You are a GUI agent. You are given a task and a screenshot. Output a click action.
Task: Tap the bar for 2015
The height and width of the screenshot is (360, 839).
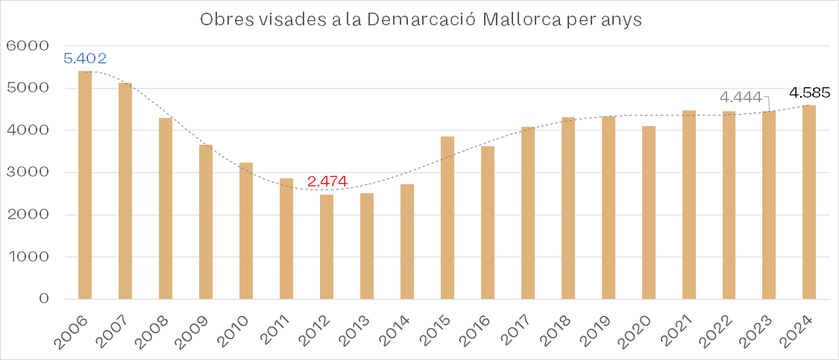click(447, 218)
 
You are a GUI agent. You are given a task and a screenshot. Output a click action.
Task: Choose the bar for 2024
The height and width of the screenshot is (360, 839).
click(809, 202)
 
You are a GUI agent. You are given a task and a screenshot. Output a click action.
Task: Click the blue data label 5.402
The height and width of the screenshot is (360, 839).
click(86, 58)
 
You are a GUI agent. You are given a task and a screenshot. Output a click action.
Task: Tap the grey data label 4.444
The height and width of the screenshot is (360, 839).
click(741, 98)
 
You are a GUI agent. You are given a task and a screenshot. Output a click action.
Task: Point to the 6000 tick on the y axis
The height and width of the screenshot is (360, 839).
click(26, 46)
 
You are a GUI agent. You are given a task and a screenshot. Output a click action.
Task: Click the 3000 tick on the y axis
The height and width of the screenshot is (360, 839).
click(26, 173)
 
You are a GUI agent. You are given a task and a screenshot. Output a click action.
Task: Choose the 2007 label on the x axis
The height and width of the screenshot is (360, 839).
click(122, 329)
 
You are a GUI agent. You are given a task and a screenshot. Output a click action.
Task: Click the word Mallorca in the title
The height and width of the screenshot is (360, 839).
click(529, 20)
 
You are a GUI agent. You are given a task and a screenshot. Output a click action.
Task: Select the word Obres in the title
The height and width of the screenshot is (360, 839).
click(223, 20)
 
